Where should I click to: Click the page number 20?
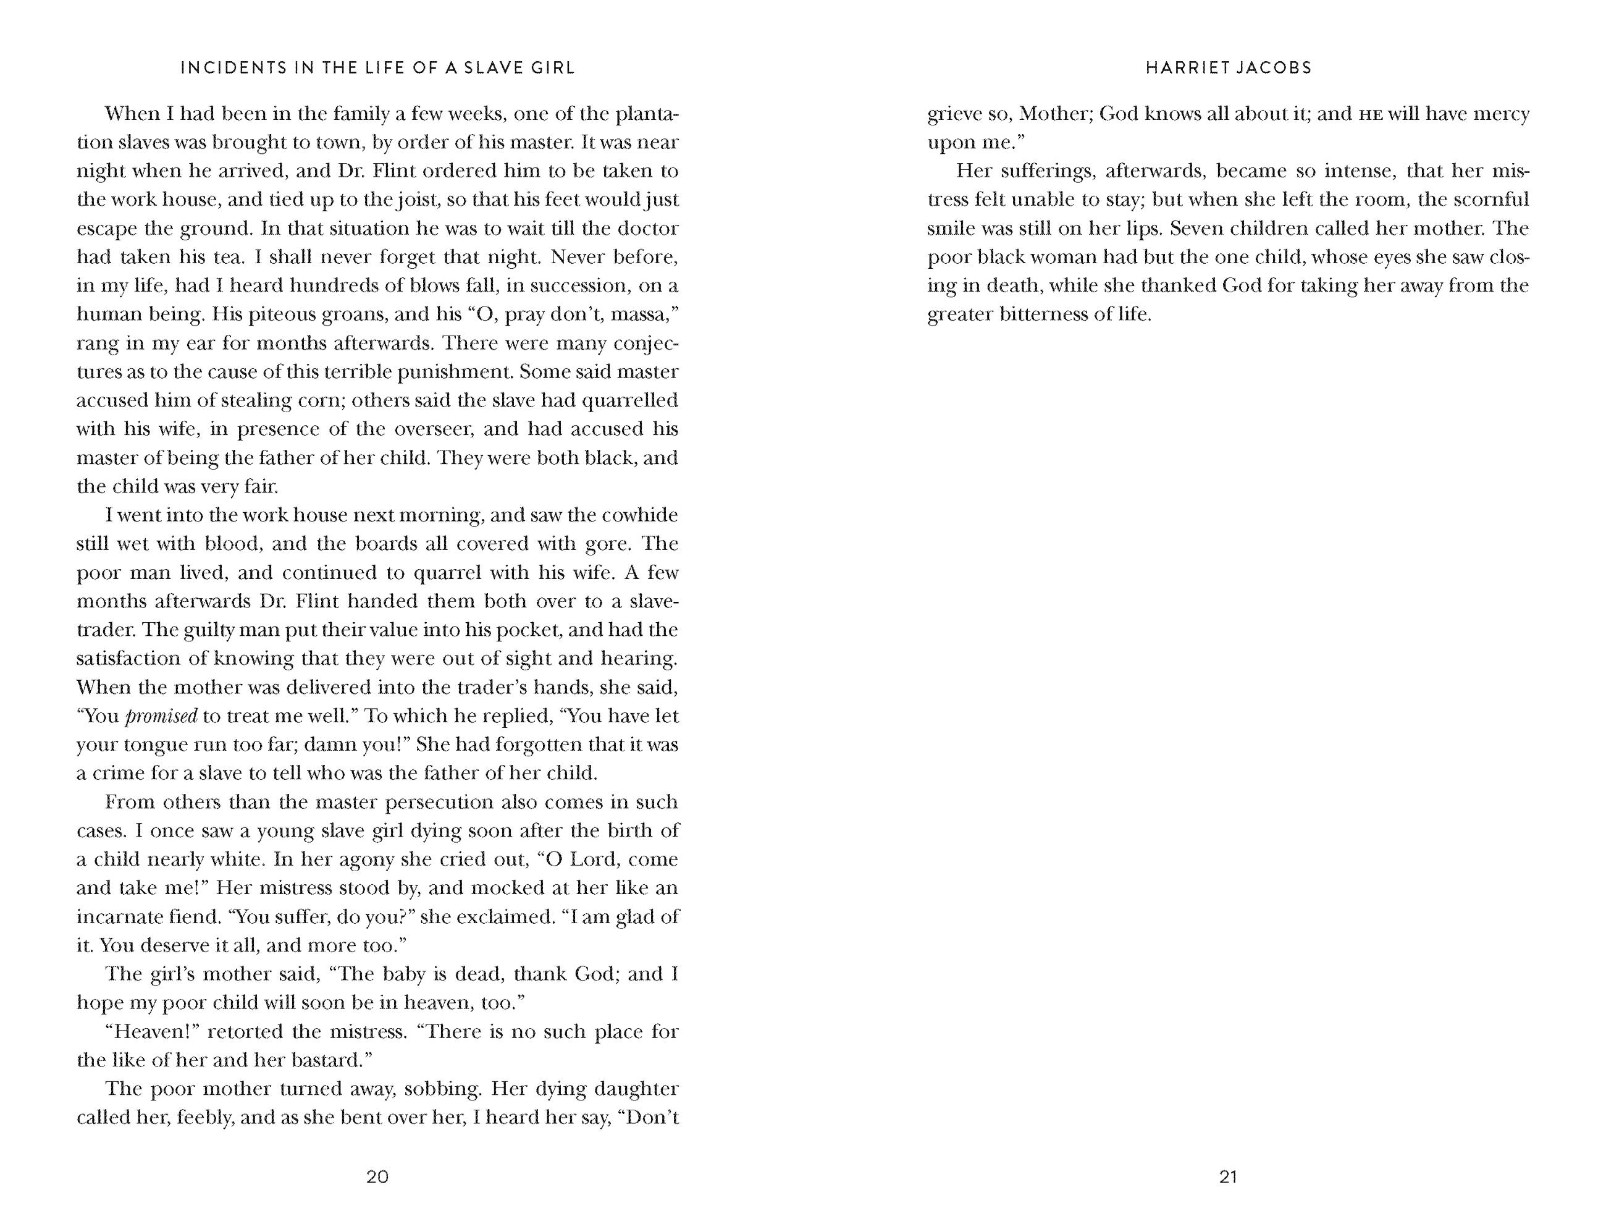tap(377, 1176)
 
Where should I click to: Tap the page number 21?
tap(1228, 1176)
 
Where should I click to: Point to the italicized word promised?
tap(161, 717)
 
